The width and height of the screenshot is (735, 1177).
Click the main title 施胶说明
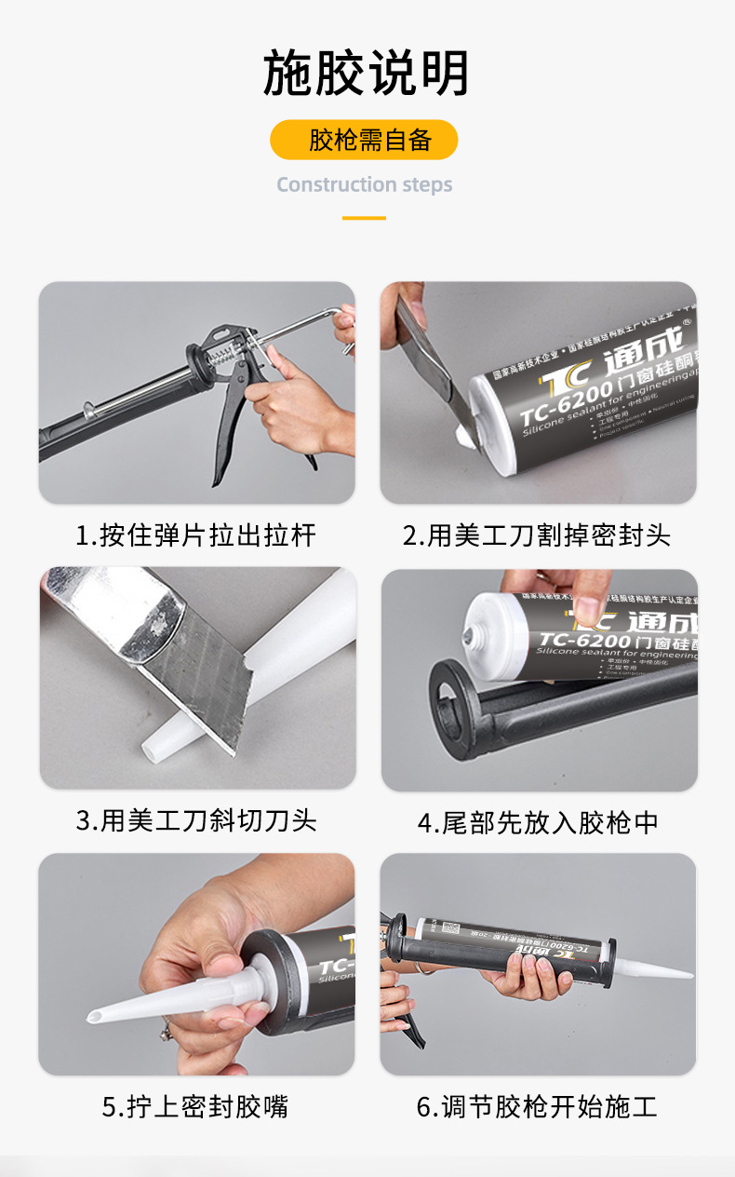(367, 74)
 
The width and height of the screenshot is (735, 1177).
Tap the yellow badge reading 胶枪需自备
(364, 140)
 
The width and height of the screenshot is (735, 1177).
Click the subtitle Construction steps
(364, 184)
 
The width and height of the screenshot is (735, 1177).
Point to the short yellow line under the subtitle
(364, 218)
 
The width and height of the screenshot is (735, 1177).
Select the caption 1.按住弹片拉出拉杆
(195, 535)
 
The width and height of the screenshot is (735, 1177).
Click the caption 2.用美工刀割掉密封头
(537, 535)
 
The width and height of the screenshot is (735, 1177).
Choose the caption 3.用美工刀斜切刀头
(195, 820)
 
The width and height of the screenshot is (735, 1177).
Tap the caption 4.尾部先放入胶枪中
(538, 823)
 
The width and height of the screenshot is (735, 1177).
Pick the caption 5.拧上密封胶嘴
(195, 1107)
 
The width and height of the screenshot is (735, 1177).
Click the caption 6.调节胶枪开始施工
(537, 1107)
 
